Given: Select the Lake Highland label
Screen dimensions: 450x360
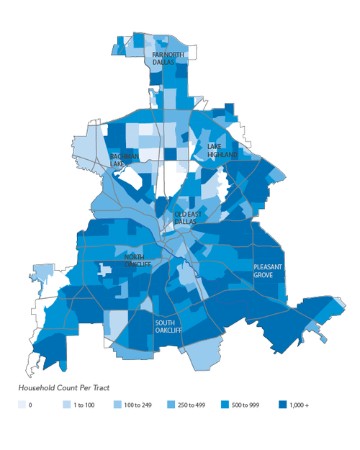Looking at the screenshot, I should pyautogui.click(x=222, y=150).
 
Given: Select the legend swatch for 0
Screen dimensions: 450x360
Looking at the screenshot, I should pyautogui.click(x=22, y=405).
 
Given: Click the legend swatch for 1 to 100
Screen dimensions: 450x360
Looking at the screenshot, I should pyautogui.click(x=66, y=405).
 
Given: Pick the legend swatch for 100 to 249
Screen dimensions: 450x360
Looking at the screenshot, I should pyautogui.click(x=117, y=405).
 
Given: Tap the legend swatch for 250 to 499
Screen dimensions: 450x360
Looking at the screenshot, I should pyautogui.click(x=171, y=405).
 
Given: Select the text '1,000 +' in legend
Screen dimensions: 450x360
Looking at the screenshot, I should pyautogui.click(x=298, y=406).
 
